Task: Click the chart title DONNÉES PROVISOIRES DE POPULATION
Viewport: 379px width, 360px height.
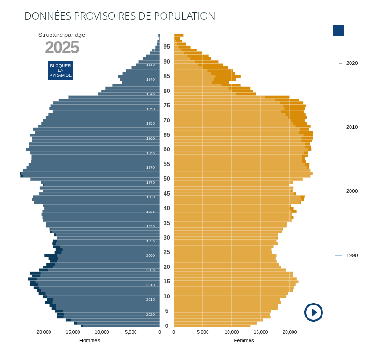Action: point(120,16)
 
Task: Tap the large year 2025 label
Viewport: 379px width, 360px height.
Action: point(62,48)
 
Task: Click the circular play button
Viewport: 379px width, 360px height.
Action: point(314,312)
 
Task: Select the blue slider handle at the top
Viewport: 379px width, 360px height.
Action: point(338,31)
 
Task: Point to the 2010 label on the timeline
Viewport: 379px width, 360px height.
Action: point(352,127)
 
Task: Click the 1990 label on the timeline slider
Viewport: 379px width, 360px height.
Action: point(352,255)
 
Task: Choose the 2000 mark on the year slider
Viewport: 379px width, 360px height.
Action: point(352,191)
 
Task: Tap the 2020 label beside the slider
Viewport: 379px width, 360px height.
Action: point(352,63)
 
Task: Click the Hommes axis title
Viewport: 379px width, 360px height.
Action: point(90,340)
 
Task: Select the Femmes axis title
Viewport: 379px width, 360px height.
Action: point(244,340)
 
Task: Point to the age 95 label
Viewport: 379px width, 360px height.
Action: point(167,47)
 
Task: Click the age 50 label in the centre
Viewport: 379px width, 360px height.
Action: point(167,179)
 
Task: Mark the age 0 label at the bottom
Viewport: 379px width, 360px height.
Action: point(167,326)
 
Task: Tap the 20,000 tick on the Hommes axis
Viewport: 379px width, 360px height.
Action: point(44,332)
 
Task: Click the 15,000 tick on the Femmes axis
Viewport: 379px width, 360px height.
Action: point(261,332)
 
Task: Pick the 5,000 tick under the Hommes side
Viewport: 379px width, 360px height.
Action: point(131,332)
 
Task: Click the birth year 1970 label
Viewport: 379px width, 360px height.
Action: point(150,167)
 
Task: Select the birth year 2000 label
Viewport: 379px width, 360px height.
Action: point(150,255)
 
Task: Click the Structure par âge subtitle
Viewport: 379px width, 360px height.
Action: point(62,35)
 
